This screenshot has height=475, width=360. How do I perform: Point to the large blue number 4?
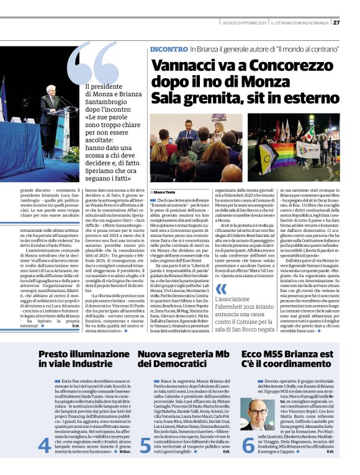pos(43,445)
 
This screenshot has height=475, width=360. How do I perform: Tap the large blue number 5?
pos(145,445)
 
